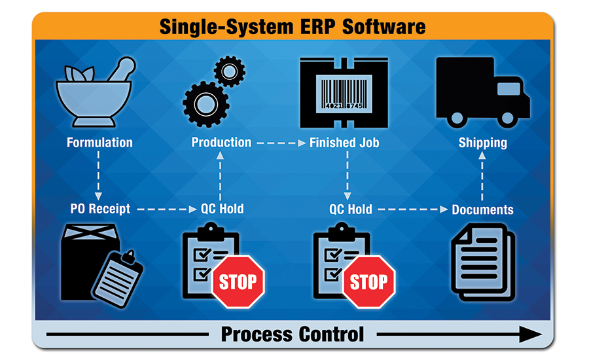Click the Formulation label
pyautogui.click(x=99, y=142)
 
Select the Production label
pyautogui.click(x=221, y=142)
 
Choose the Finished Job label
pyautogui.click(x=344, y=142)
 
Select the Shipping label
pyautogui.click(x=482, y=142)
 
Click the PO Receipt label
pyautogui.click(x=100, y=209)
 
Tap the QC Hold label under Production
pyautogui.click(x=221, y=209)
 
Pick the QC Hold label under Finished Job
pyautogui.click(x=350, y=209)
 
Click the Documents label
pyautogui.click(x=482, y=209)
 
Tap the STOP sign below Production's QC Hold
pyautogui.click(x=238, y=282)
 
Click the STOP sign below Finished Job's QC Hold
pyautogui.click(x=368, y=282)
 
